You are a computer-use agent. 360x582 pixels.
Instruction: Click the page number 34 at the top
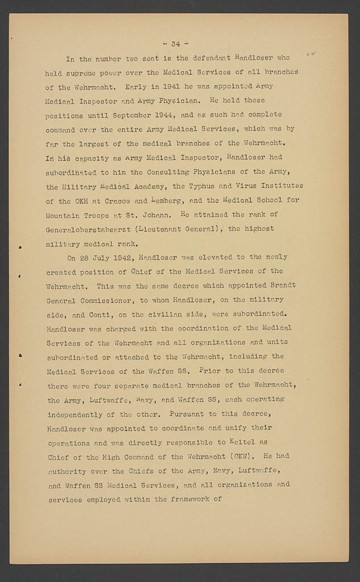[x=175, y=44]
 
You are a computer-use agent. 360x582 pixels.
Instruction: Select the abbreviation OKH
[x=73, y=201]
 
